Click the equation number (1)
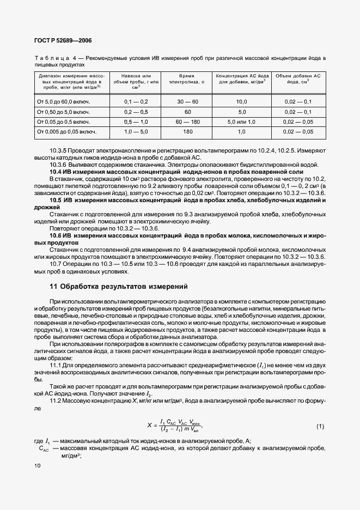[x=320, y=426]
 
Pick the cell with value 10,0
[x=241, y=102]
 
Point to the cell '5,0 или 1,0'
[x=241, y=122]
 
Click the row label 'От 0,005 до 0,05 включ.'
[x=66, y=131]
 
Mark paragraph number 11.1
[x=57, y=365]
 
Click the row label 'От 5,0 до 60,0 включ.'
[x=63, y=102]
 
